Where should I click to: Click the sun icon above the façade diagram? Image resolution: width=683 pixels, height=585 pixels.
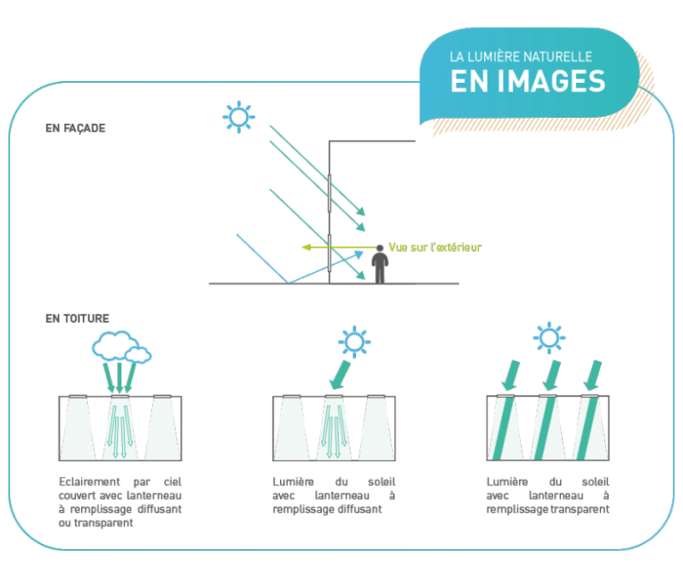coord(239,117)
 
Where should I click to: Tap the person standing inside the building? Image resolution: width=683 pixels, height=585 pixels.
coord(380,264)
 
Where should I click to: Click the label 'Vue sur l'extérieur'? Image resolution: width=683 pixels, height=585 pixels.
coord(435,248)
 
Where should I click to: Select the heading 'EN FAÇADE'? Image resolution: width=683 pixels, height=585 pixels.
coord(75,128)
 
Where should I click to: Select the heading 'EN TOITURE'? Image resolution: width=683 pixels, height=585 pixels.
coord(77,319)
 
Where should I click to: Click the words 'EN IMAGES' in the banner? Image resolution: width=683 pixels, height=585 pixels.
coord(528,81)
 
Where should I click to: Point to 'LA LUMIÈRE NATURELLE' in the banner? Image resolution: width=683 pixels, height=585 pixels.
coord(521,57)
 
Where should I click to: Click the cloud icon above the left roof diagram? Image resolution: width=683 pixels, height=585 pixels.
coord(121,348)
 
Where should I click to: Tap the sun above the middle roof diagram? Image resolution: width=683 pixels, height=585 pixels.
coord(354,342)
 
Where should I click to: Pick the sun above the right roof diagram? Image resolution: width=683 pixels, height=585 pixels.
coord(549,338)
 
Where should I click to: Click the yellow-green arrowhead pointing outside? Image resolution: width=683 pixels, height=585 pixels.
coord(306,248)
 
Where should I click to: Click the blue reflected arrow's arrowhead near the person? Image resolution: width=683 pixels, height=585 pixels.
coord(359,254)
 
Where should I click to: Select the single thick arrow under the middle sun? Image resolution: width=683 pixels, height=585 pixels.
coord(340,375)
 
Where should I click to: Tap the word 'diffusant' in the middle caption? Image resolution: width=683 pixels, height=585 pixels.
coord(362,509)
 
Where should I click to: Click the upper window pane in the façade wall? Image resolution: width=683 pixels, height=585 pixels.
coord(330,193)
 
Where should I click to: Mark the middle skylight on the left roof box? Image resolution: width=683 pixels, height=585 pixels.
coord(120,396)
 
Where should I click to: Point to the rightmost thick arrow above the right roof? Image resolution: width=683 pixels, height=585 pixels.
coord(593,376)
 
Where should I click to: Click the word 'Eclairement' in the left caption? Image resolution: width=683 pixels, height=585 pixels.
coord(90,482)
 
